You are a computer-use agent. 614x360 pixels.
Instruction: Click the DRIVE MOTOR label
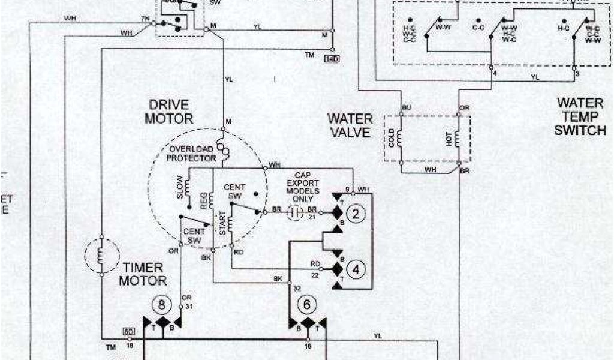[168, 112]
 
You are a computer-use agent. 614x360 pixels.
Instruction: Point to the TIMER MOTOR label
[142, 273]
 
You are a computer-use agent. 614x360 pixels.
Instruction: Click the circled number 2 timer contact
[356, 214]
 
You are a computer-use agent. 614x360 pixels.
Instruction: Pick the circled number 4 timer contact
[356, 269]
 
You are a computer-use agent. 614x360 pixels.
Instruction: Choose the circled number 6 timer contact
[308, 305]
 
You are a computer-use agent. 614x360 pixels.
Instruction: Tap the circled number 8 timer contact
[161, 304]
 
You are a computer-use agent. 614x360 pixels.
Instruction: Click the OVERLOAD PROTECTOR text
[191, 154]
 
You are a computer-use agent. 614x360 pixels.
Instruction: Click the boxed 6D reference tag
[128, 331]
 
